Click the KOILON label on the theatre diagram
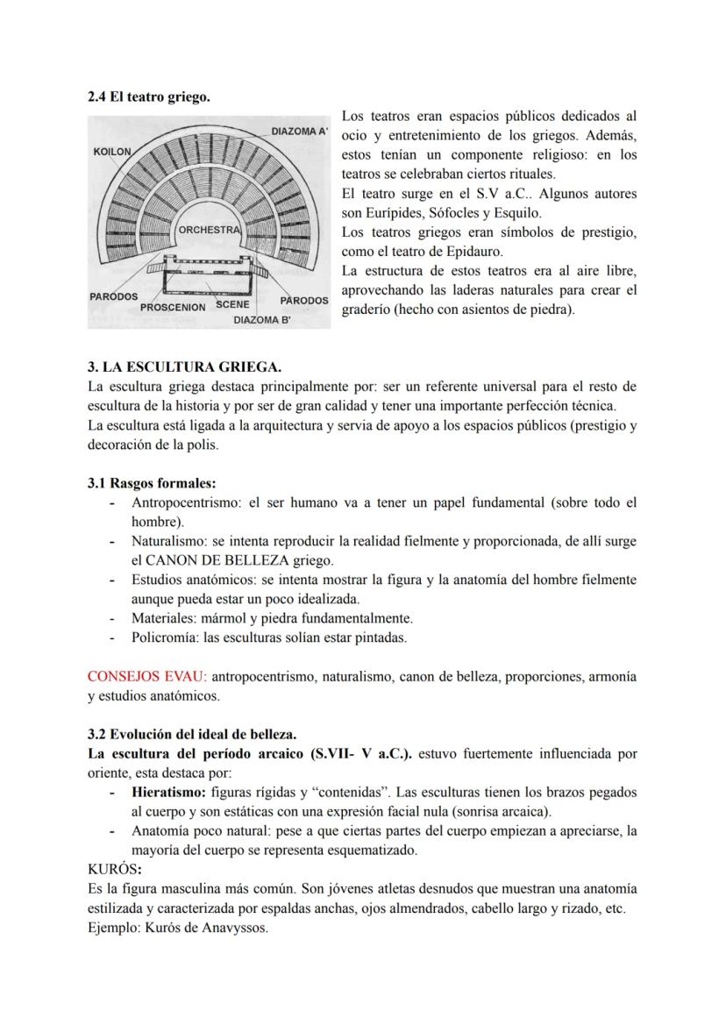coord(112,152)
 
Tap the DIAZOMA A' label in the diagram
coord(299,132)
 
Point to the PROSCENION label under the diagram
coord(173,307)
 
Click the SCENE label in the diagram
coord(233,304)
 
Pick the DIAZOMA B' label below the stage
coord(261,320)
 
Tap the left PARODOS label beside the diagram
coord(114,296)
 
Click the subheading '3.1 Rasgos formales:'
coord(151,483)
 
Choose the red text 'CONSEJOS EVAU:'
coord(147,677)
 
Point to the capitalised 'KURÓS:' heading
coord(115,869)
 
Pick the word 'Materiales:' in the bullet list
coord(164,618)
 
